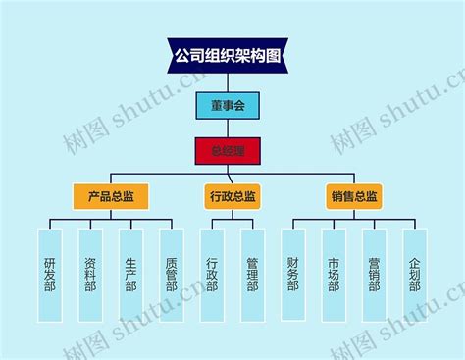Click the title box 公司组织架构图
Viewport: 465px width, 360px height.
click(x=227, y=55)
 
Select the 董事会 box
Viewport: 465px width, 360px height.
click(x=228, y=104)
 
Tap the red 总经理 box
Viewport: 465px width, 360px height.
click(x=228, y=151)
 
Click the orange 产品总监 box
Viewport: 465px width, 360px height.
click(x=111, y=197)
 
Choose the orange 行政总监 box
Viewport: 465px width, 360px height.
click(x=232, y=197)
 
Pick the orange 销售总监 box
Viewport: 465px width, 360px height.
click(x=354, y=197)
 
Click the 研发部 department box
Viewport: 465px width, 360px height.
click(x=50, y=276)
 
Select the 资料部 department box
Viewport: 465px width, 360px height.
click(x=90, y=276)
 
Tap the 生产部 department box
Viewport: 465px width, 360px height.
click(x=130, y=276)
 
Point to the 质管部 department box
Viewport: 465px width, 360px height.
click(x=171, y=276)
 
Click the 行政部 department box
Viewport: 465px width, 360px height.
click(x=212, y=276)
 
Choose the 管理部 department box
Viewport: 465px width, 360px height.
click(x=252, y=276)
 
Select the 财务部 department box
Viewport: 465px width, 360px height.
click(x=293, y=276)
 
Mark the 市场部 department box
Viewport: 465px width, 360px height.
click(x=334, y=276)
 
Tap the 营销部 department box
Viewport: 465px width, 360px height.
click(x=374, y=276)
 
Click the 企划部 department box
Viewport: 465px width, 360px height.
click(x=414, y=276)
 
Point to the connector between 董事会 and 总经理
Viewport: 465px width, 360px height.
click(x=228, y=128)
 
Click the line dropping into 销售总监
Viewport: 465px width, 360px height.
click(x=354, y=178)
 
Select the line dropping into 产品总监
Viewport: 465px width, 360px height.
click(x=111, y=178)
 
